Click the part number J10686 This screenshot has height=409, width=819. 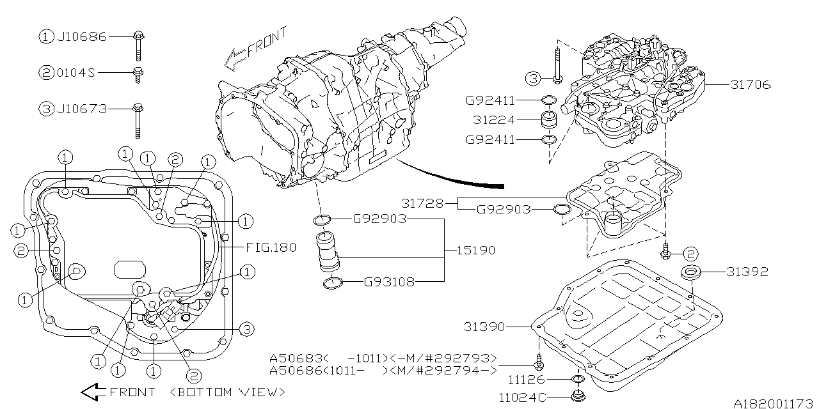coord(82,37)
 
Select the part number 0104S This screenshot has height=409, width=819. coord(76,73)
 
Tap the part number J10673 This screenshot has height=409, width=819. coord(82,109)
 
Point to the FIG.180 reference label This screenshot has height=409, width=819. coord(271,247)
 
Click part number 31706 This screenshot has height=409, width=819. coord(749,84)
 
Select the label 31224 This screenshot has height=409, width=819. coord(491,120)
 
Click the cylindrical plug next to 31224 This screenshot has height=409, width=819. coord(548,121)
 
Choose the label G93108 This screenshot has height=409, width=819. coord(389,281)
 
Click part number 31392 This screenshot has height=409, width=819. coord(747,272)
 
